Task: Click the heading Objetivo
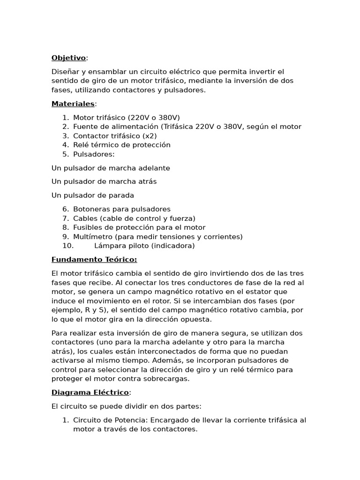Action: [x=68, y=58]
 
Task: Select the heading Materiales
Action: [x=73, y=104]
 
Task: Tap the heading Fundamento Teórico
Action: [x=94, y=259]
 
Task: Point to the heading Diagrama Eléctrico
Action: [x=90, y=392]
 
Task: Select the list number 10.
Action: [x=68, y=246]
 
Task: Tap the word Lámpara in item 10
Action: [x=109, y=246]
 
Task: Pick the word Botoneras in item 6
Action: [x=91, y=209]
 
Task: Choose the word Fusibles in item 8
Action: [x=88, y=227]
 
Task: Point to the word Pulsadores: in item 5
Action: [x=94, y=154]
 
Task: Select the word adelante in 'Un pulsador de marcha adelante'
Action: [x=152, y=168]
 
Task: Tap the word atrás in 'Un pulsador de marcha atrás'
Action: [x=146, y=181]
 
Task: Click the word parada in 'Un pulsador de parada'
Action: [x=121, y=195]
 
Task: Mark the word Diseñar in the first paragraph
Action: [x=65, y=72]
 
